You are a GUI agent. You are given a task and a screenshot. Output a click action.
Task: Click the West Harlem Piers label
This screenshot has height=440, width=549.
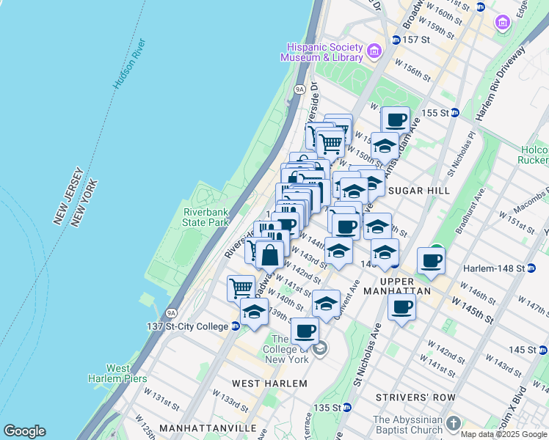[126, 373]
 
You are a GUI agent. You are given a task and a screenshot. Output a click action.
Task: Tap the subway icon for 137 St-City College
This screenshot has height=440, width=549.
[236, 326]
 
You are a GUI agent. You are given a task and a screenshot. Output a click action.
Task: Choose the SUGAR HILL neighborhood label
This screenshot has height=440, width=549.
[418, 191]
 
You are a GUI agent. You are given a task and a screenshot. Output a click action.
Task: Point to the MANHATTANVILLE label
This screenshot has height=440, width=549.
[197, 428]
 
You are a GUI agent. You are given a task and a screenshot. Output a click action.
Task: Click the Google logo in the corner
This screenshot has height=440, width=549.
[24, 431]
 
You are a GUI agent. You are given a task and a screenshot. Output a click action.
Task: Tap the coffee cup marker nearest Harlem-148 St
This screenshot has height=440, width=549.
[432, 260]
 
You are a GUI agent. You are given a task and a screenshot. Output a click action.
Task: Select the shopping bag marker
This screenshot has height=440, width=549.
[269, 254]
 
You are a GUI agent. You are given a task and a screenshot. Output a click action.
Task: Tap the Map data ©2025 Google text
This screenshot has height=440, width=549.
[503, 434]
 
